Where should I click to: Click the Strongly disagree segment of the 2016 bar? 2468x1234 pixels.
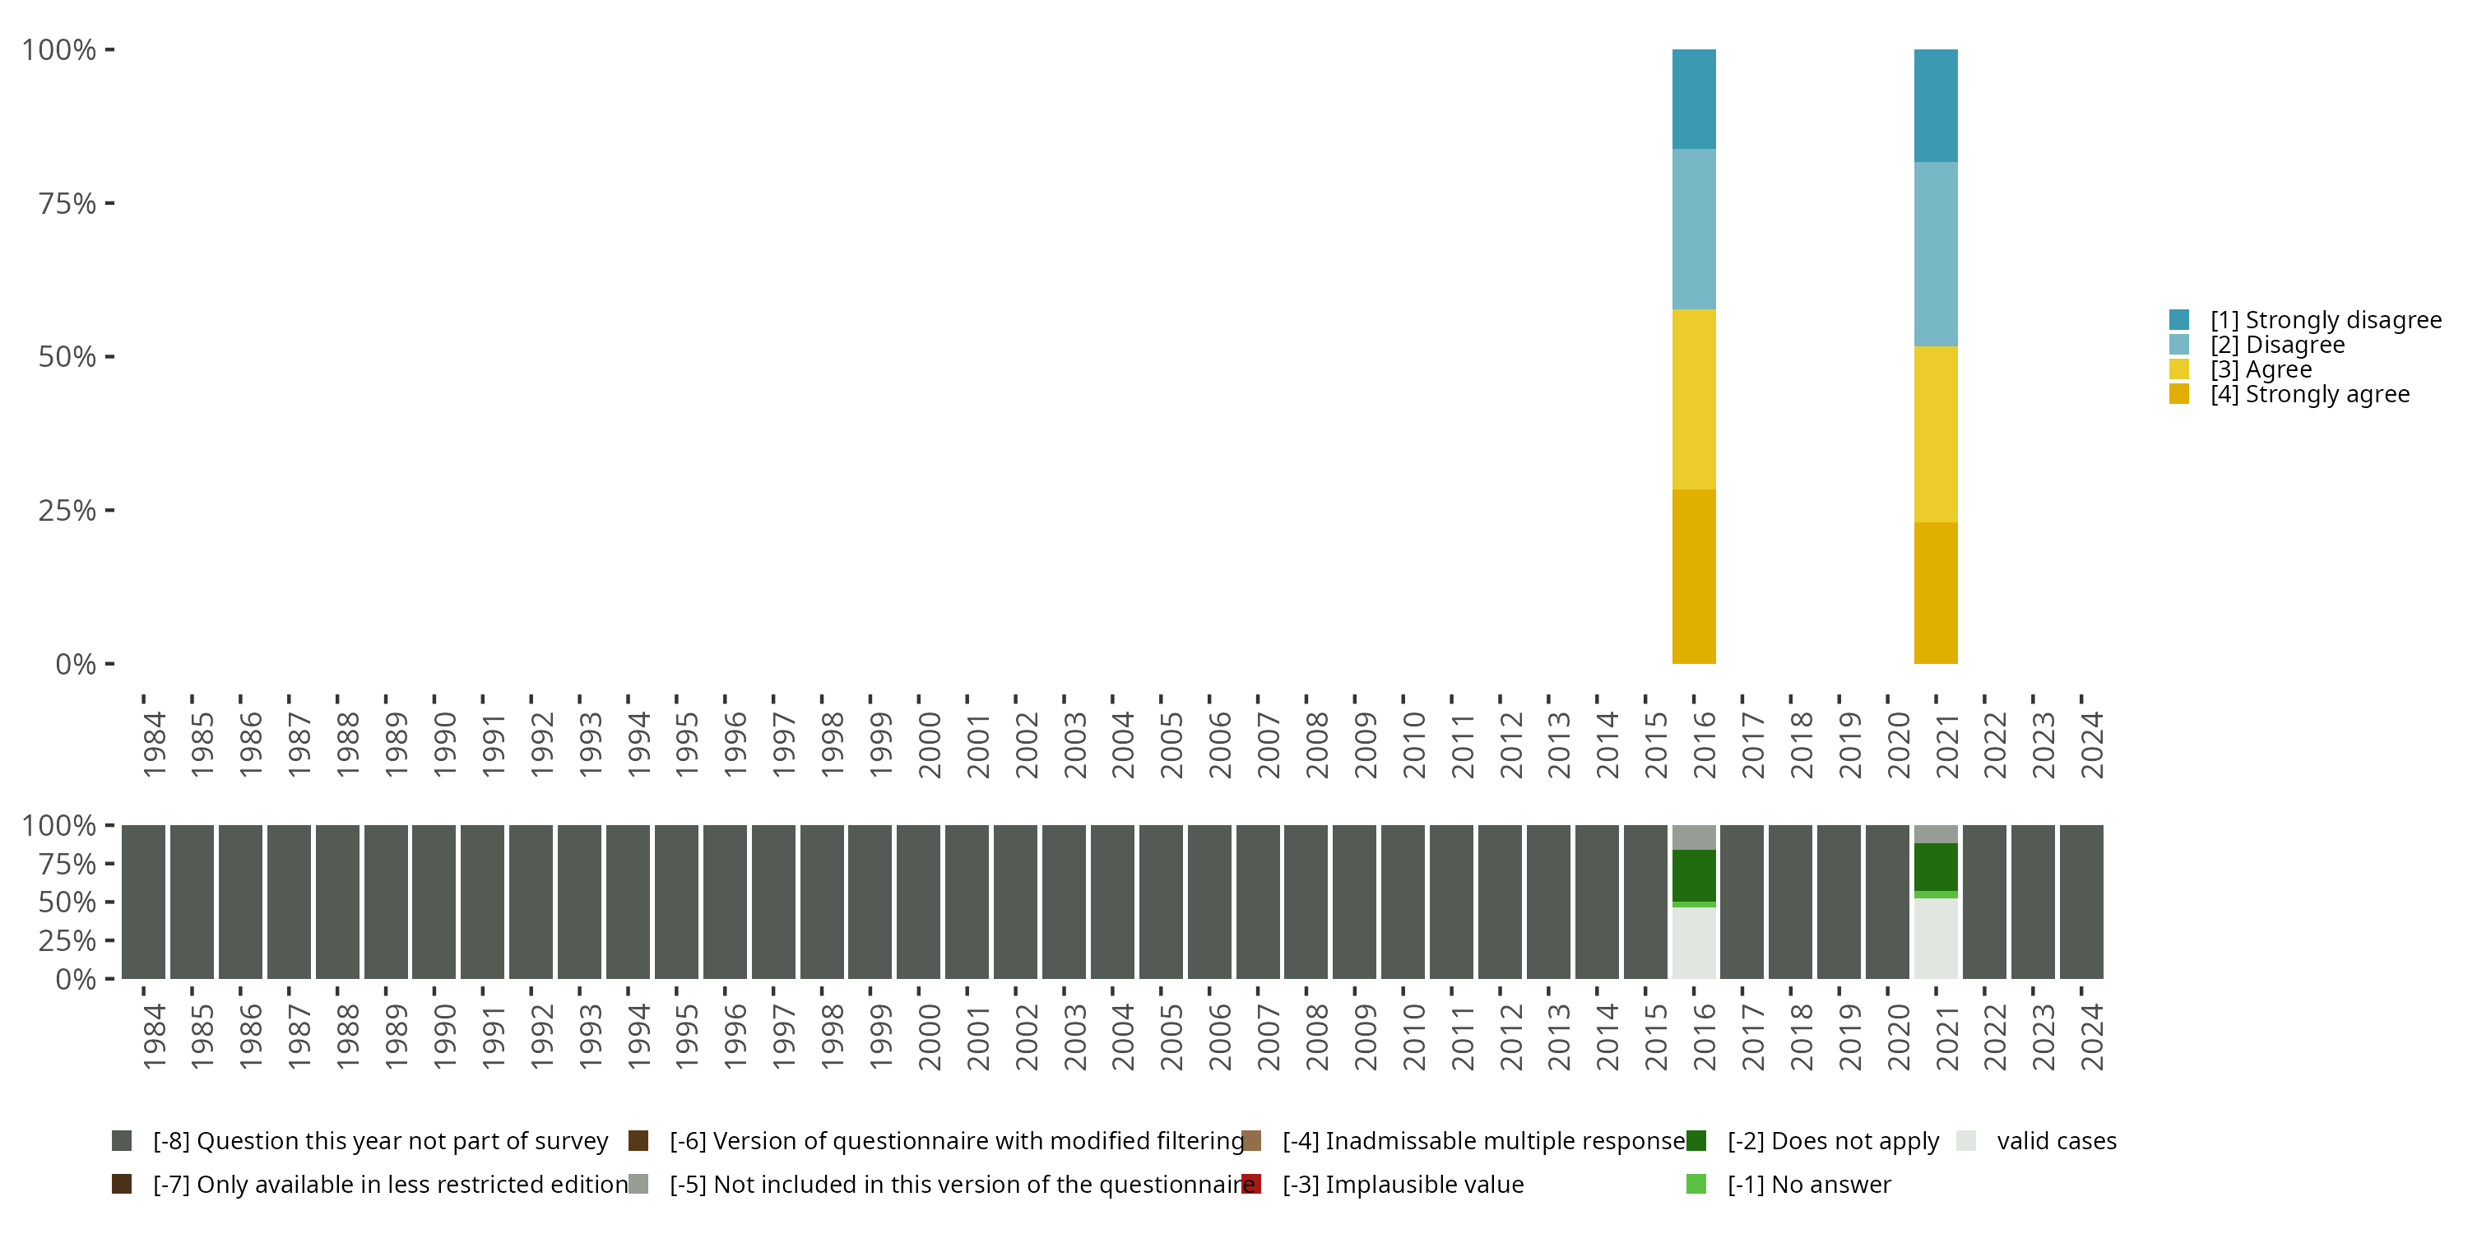(x=1693, y=99)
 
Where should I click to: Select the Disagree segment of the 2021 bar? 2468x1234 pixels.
(x=1935, y=254)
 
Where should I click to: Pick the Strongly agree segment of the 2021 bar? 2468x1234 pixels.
(x=1935, y=592)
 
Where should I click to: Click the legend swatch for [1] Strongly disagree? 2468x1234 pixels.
(x=2178, y=320)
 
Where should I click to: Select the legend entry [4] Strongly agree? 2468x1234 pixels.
(x=2309, y=395)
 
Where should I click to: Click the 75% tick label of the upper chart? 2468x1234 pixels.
(x=67, y=204)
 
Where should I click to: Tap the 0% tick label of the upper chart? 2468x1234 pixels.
(x=76, y=664)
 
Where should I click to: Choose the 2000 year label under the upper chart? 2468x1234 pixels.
(x=930, y=745)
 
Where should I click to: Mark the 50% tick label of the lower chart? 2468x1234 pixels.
(x=67, y=902)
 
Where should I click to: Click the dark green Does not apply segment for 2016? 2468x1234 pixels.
(x=1693, y=874)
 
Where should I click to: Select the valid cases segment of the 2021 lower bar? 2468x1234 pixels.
(x=1935, y=938)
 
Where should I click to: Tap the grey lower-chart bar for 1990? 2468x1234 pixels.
(x=434, y=902)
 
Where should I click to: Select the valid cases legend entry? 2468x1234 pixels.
(x=2055, y=1141)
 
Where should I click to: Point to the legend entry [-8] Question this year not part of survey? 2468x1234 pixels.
(x=379, y=1141)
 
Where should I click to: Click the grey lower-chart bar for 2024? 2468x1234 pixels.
(x=2081, y=902)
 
